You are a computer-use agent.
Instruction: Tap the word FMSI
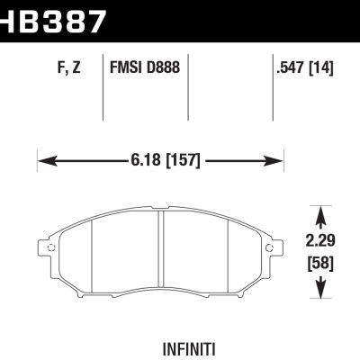point(127,68)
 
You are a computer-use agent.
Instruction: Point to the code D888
point(166,68)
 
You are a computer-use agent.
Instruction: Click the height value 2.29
point(321,241)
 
